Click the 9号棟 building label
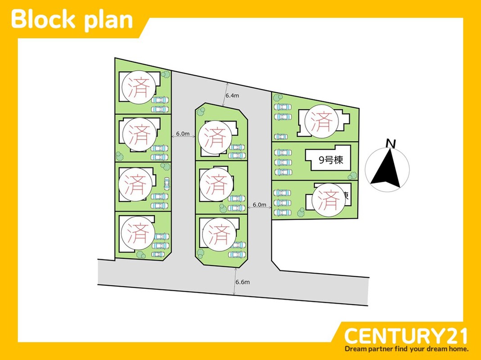click(331, 160)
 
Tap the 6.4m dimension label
click(232, 95)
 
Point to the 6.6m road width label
click(242, 282)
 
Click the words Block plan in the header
click(72, 20)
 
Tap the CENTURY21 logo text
click(406, 336)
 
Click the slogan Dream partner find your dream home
click(407, 349)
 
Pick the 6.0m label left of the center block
click(183, 134)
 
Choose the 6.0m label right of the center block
click(259, 205)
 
